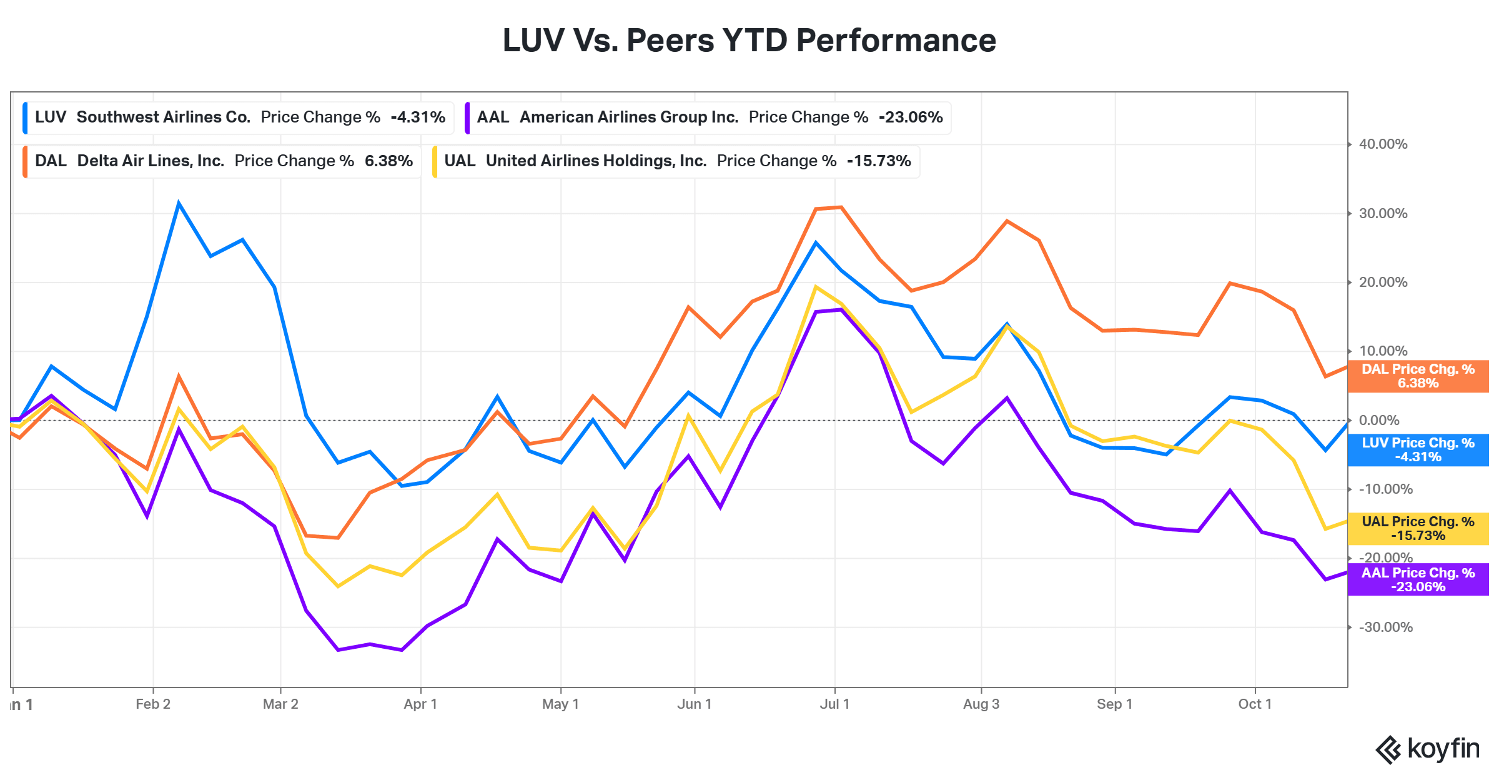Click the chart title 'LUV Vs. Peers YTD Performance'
[x=749, y=41]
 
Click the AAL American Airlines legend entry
[x=708, y=117]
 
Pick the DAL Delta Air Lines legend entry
[x=222, y=161]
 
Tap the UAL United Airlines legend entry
[x=675, y=161]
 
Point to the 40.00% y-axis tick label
[x=1383, y=144]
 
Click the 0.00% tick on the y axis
[x=1379, y=420]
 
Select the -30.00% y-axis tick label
[x=1385, y=627]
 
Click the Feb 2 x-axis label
[x=153, y=704]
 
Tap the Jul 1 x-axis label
[x=834, y=704]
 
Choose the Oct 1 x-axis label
[x=1255, y=704]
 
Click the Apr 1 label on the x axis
[x=420, y=704]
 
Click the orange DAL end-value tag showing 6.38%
[x=1418, y=376]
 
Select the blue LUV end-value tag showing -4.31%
[x=1418, y=450]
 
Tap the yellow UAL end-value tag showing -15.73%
[x=1418, y=529]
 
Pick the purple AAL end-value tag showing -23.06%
[x=1418, y=579]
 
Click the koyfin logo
[x=1427, y=749]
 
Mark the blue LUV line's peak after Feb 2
[x=179, y=203]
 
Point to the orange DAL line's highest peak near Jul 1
[x=841, y=207]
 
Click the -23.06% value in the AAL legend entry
[x=911, y=117]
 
